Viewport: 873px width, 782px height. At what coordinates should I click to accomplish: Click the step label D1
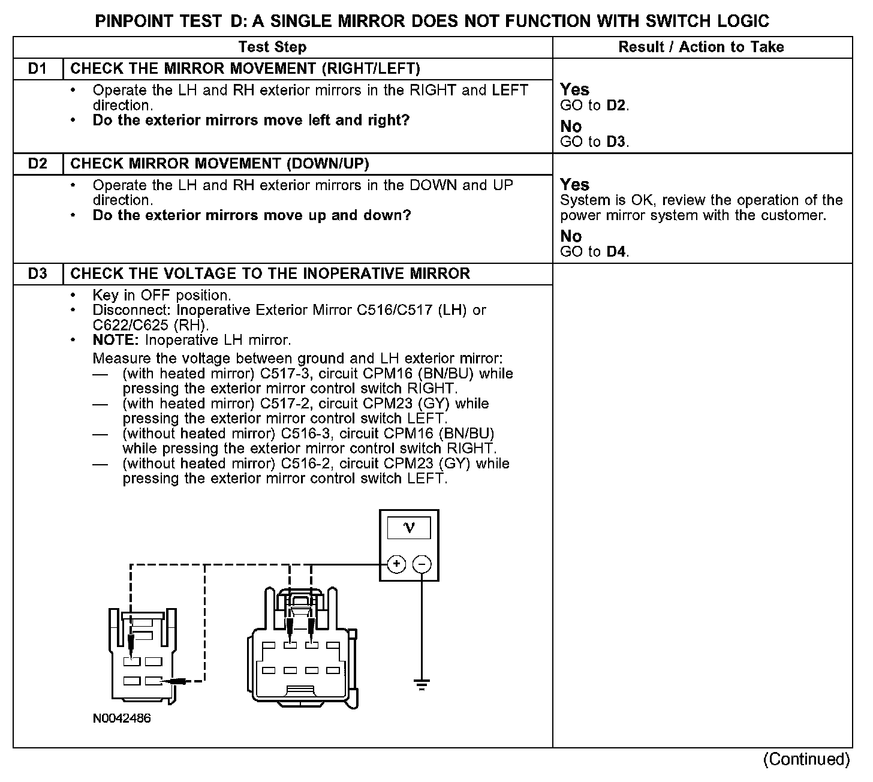coord(37,68)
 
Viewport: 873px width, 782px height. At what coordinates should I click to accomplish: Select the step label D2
coord(37,164)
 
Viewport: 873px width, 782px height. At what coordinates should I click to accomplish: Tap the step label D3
coord(37,274)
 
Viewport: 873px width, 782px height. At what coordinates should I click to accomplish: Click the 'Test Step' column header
coord(272,47)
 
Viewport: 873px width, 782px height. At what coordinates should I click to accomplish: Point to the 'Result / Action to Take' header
coord(701,47)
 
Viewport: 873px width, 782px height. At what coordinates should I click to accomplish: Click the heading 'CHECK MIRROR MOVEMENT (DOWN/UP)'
coord(219,164)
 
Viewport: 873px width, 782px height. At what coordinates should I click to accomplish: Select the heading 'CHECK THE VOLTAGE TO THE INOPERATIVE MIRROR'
coord(270,274)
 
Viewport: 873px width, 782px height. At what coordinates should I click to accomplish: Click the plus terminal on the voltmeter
coord(396,564)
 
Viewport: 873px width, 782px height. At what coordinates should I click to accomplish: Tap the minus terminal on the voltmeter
coord(422,564)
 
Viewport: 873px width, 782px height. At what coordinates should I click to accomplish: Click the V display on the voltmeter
coord(410,528)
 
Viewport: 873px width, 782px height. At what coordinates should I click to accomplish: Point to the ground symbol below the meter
coord(422,684)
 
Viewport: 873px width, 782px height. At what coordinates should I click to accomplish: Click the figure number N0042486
coord(122,718)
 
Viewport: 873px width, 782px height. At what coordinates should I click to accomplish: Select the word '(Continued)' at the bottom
coord(806,759)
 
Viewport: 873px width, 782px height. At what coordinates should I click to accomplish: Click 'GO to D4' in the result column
coord(594,252)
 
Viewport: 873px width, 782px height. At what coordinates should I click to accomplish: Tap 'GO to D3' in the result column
coord(594,142)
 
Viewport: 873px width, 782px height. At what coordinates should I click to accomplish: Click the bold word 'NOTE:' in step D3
coord(116,341)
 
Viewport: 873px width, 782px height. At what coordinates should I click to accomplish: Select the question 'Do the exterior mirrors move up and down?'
coord(252,215)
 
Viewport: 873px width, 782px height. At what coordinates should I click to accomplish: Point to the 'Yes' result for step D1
coord(574,90)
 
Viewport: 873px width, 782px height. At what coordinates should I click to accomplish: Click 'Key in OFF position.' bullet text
coord(161,296)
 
